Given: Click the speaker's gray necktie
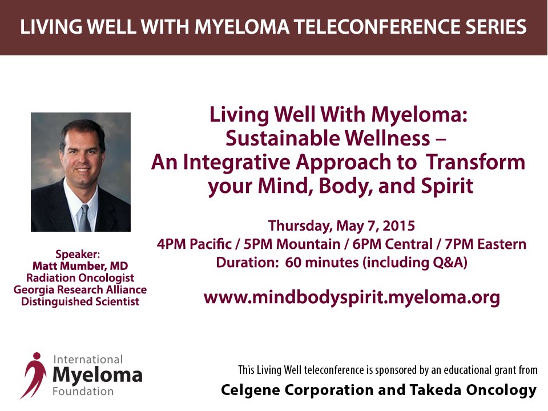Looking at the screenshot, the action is (85, 219).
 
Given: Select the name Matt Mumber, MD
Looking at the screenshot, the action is (80, 266).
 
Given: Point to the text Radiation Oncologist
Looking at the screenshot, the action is (80, 278).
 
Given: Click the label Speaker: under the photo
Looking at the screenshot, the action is (78, 254).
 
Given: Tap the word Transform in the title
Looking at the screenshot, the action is (476, 162).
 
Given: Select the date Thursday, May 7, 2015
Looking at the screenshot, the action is (341, 226).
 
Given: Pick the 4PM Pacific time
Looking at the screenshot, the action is (194, 244).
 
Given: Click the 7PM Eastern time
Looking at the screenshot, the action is (485, 244).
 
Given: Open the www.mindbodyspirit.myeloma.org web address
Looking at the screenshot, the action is (352, 298).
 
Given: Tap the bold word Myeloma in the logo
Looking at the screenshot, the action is (98, 375).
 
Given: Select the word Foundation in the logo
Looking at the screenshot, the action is (83, 392).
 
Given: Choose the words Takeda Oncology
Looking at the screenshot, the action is (473, 390).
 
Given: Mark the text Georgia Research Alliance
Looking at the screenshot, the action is (80, 290).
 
